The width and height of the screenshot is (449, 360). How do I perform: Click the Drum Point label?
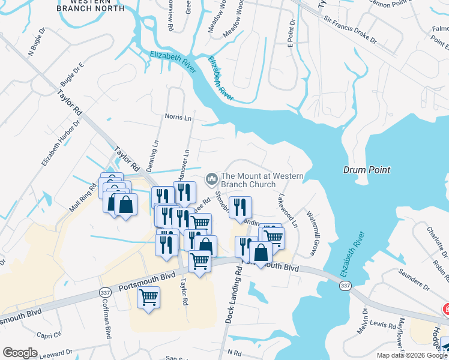tap(366, 170)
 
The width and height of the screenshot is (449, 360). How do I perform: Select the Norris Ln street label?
tap(178, 117)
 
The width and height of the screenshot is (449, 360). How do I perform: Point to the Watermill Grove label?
tap(313, 231)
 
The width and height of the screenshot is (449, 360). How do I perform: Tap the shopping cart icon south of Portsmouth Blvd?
tap(148, 297)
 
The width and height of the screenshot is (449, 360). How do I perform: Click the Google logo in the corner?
tap(20, 353)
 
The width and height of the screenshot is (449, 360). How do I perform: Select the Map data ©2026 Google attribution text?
tap(412, 355)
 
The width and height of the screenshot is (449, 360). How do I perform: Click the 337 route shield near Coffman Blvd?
tap(104, 291)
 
